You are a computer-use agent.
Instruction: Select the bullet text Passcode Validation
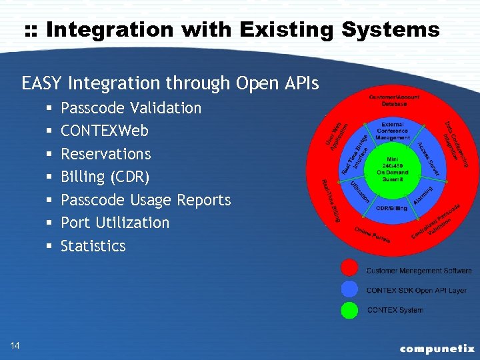131,108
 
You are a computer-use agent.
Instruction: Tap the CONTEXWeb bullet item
105,131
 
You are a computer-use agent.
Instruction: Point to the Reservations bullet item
106,154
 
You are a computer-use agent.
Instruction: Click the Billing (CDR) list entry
105,177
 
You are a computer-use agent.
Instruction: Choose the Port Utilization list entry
115,223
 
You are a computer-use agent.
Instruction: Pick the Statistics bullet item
93,246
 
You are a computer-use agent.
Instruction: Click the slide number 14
15,345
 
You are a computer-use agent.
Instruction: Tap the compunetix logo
437,348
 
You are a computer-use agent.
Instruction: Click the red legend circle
349,268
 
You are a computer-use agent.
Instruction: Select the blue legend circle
349,289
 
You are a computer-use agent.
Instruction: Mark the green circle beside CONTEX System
349,310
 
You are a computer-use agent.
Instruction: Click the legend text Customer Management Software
419,271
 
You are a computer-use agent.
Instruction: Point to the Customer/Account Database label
395,101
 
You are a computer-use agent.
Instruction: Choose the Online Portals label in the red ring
373,235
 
